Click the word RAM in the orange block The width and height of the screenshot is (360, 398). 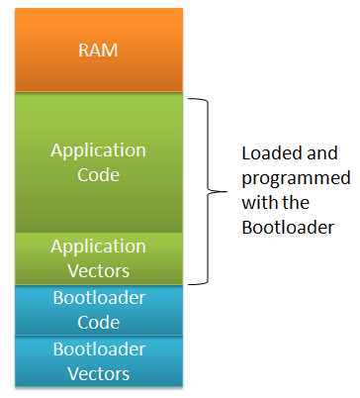coord(99,50)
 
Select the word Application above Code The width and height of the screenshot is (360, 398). coord(99,151)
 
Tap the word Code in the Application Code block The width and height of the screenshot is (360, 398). coord(99,175)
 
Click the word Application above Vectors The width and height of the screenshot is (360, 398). coord(99,246)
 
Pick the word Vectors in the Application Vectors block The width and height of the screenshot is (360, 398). coord(99,269)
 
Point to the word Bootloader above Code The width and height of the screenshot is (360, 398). coord(99,299)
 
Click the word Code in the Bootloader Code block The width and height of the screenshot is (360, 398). coord(99,322)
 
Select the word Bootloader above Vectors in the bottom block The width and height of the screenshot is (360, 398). coord(99,349)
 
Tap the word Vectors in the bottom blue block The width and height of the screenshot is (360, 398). coord(99,373)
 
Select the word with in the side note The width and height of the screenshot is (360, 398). coord(257,202)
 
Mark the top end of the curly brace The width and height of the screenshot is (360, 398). coord(190,98)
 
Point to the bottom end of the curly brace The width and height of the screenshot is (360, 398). coord(190,283)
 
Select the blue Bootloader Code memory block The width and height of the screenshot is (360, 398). coord(99,310)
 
